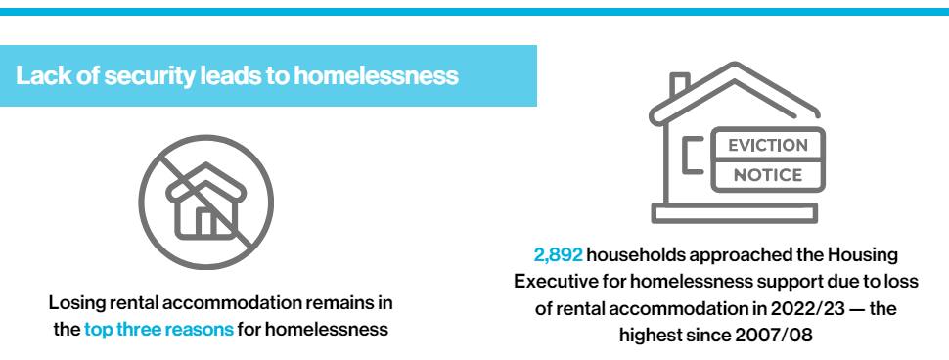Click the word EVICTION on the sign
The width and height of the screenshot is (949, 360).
click(x=768, y=146)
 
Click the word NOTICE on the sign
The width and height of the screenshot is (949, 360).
click(x=768, y=177)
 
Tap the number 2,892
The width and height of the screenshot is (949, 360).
click(x=558, y=256)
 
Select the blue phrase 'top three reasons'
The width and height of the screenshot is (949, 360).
click(x=158, y=330)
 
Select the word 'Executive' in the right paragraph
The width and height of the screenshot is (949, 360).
click(x=554, y=283)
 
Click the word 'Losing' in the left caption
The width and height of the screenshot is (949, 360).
click(x=74, y=303)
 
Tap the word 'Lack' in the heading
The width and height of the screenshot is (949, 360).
click(x=37, y=76)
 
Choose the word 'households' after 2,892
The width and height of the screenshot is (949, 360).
click(x=639, y=256)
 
